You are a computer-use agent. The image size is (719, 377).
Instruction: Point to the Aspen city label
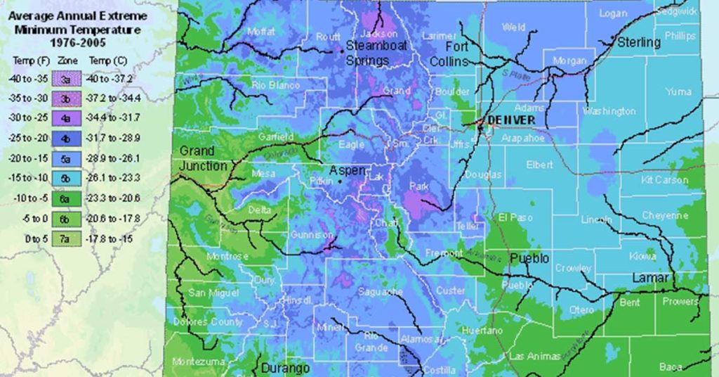(348, 171)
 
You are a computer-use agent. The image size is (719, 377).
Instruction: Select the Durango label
(285, 368)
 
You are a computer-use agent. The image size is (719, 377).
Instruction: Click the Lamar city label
(650, 278)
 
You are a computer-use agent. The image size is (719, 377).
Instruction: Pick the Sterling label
(639, 42)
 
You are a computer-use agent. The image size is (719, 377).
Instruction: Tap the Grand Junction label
(204, 159)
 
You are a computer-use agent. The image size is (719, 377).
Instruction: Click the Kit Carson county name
(664, 180)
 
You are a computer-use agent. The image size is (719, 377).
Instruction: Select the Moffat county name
(261, 32)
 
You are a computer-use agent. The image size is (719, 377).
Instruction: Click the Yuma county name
(678, 91)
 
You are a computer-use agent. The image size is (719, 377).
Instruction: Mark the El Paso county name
(515, 218)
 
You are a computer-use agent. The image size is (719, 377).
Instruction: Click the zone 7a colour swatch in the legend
(64, 239)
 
